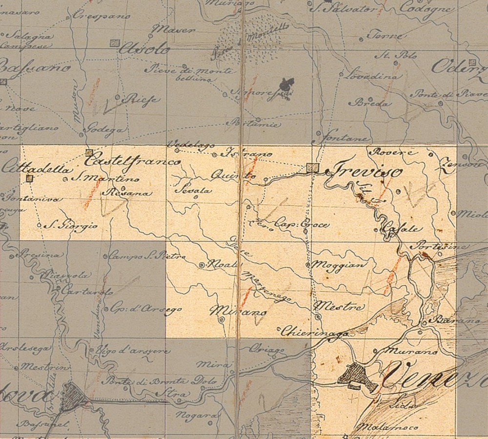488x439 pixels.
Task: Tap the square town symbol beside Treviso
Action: [x=313, y=168]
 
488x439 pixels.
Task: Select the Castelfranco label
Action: [x=132, y=159]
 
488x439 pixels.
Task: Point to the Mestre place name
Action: [x=340, y=307]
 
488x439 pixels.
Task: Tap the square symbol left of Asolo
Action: [x=115, y=43]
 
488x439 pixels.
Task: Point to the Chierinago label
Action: [x=315, y=331]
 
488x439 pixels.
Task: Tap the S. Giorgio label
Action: [x=71, y=226]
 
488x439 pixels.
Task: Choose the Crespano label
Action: [x=102, y=16]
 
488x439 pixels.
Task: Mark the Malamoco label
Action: [x=388, y=427]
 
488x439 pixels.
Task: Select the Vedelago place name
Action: [x=184, y=145]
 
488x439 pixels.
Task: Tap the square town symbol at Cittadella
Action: [x=29, y=179]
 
